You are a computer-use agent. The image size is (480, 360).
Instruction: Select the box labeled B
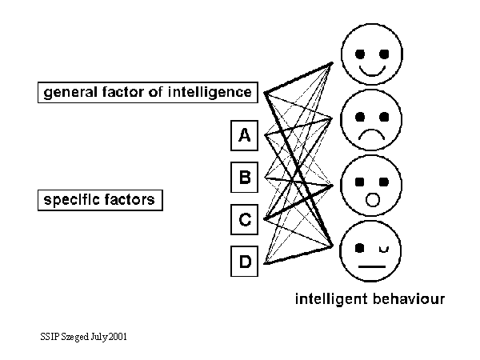245,178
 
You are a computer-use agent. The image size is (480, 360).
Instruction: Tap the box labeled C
245,218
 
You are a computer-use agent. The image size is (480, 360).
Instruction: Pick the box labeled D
245,261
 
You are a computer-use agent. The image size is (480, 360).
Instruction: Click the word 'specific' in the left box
70,199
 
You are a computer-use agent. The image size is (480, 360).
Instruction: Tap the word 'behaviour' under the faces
407,300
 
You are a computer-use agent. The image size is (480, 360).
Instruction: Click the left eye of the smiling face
359,54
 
